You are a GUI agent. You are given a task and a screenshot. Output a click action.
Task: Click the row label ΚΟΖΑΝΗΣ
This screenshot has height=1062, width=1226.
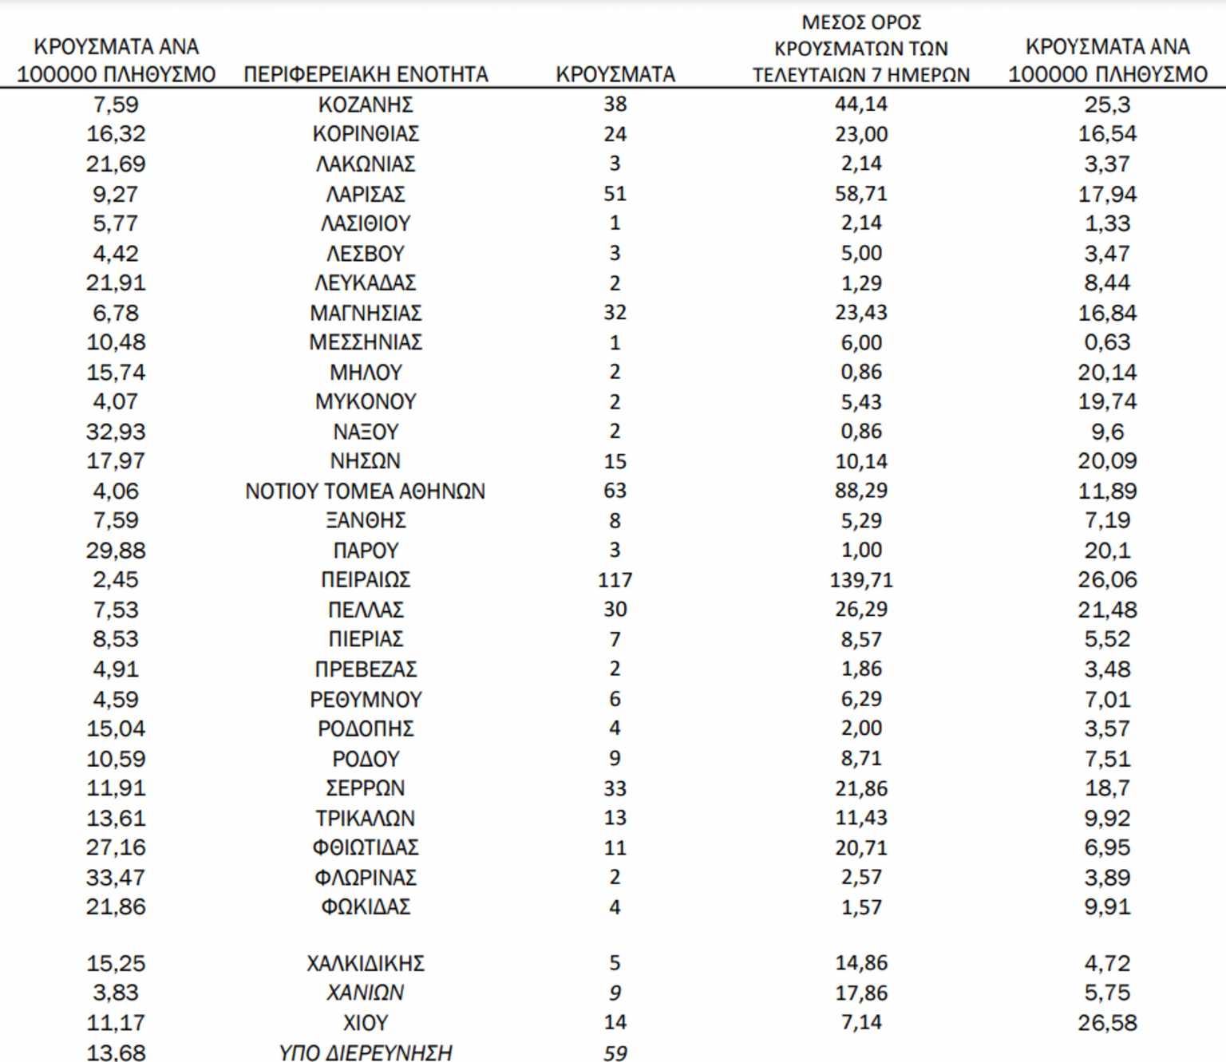pos(366,105)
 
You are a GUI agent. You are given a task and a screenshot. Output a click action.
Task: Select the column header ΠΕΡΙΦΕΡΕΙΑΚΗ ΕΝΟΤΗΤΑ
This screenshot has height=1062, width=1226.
pos(366,74)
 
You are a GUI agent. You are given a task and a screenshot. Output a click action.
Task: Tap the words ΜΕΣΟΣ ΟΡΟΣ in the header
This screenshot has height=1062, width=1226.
pos(861,22)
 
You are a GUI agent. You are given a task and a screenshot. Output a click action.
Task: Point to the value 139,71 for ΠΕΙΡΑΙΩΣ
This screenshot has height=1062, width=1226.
pos(861,580)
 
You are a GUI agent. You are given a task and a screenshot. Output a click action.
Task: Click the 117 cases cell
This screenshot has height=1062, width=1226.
pos(615,580)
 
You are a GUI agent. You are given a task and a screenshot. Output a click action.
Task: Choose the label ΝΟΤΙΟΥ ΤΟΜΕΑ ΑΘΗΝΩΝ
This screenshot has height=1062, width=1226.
pos(366,491)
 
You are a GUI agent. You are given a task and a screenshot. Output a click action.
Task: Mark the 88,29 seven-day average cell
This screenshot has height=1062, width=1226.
pos(861,491)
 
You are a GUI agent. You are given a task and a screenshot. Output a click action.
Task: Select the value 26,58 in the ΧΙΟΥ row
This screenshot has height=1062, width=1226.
pos(1107,1022)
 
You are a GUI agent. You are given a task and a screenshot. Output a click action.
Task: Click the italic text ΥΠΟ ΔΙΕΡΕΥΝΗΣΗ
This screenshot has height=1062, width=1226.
pos(366,1052)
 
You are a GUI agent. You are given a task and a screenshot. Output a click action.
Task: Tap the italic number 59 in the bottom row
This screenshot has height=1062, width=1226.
pos(615,1052)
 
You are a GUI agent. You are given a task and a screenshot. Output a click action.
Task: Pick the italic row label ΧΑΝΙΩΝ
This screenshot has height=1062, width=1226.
pos(366,993)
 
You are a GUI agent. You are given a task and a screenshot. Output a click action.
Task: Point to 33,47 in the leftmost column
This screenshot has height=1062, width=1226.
pos(116,878)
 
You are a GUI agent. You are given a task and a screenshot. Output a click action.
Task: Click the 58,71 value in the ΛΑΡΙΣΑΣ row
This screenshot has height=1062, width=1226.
pos(861,194)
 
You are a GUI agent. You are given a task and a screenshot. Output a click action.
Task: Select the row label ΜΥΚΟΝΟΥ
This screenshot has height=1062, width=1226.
pos(366,401)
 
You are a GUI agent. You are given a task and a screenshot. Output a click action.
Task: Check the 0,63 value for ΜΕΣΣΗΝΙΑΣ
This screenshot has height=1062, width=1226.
pos(1107,342)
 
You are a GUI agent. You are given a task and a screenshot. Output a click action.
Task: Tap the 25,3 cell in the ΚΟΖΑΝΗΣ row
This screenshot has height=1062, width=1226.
pos(1107,105)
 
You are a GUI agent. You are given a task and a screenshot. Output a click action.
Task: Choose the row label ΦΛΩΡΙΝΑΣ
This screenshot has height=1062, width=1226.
pos(366,878)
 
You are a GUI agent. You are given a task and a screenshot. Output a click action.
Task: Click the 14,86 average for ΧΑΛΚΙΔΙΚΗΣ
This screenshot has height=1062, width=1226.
pos(861,963)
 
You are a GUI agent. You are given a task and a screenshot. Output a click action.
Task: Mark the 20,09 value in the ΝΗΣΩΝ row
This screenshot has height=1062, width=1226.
pos(1107,461)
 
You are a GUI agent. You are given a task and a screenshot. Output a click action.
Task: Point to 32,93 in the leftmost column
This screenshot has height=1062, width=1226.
pos(116,432)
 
